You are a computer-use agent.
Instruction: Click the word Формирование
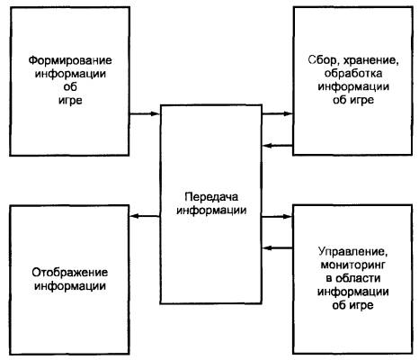click(70, 61)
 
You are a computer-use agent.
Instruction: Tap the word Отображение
click(70, 273)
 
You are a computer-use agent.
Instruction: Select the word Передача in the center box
click(211, 197)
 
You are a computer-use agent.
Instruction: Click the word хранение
click(371, 61)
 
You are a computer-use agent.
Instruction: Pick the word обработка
click(353, 74)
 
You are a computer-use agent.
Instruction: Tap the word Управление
click(352, 251)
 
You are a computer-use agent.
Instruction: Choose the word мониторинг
click(352, 265)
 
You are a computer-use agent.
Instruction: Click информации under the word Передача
click(211, 211)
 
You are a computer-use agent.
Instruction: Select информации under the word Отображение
click(70, 286)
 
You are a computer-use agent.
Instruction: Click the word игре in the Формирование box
click(70, 101)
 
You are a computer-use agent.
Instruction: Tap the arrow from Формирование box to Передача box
click(144, 113)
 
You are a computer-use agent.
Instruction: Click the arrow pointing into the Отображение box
click(145, 216)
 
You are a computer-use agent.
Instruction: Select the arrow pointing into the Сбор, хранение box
click(277, 113)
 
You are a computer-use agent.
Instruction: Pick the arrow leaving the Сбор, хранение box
click(278, 146)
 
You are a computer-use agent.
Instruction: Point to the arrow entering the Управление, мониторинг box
click(277, 216)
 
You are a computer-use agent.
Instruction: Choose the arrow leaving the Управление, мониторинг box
click(278, 248)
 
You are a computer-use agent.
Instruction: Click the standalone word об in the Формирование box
click(70, 87)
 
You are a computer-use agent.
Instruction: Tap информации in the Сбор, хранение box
click(353, 87)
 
